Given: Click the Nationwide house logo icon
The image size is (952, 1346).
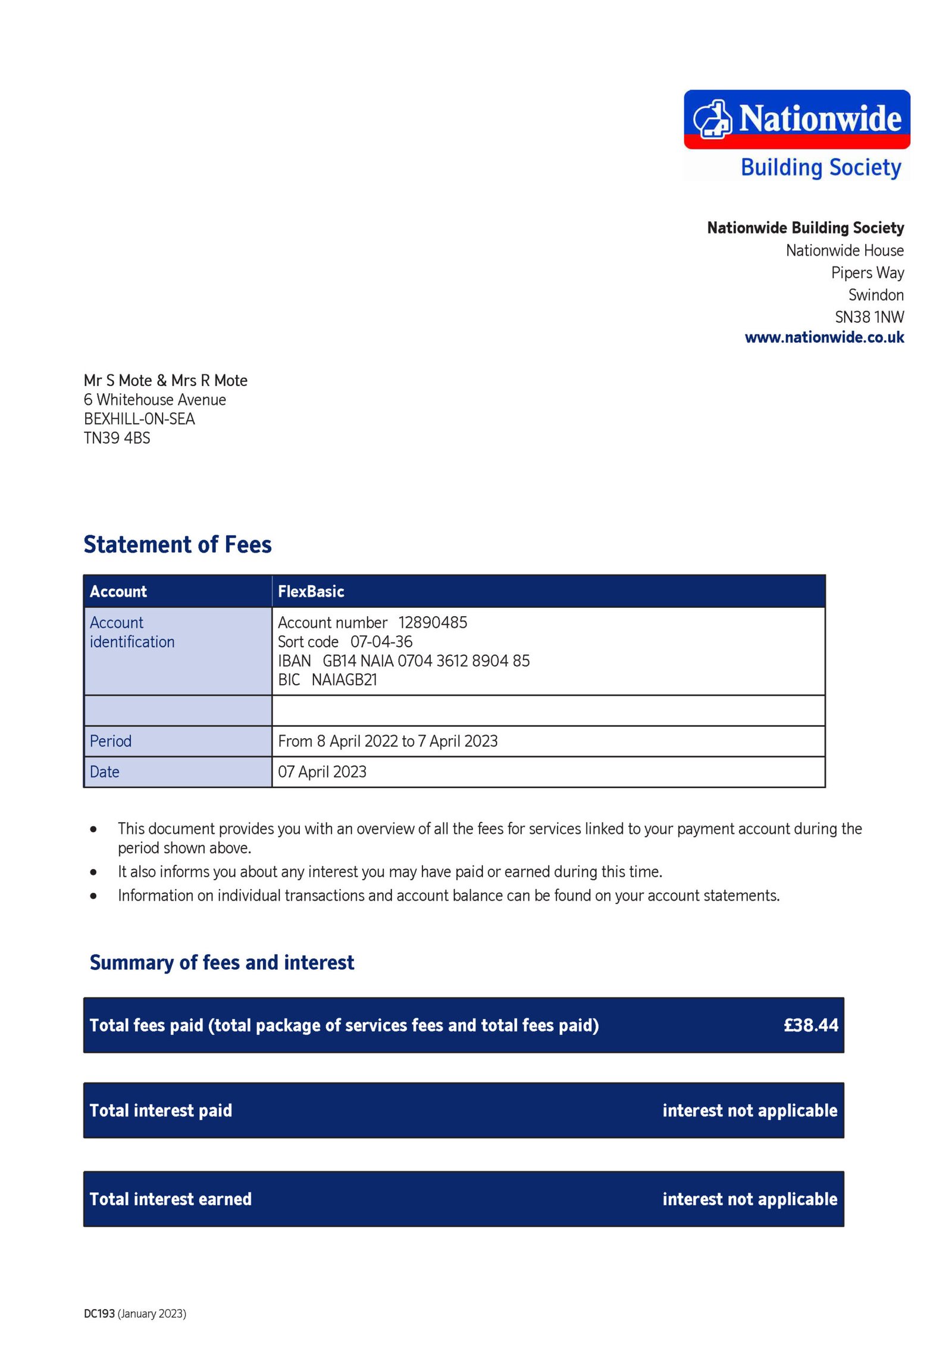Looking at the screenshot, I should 712,118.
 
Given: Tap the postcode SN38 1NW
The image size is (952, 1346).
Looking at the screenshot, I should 869,317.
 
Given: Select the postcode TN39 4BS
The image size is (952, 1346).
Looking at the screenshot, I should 117,438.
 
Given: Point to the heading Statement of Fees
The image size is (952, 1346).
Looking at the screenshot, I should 177,544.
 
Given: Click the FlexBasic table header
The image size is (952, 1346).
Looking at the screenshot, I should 311,591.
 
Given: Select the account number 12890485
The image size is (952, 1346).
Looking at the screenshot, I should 433,622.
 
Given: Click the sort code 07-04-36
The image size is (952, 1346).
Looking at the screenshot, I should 381,641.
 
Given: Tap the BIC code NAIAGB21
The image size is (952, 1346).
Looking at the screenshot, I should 344,679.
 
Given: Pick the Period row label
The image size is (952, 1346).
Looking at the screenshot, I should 111,741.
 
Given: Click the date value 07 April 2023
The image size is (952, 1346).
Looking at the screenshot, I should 322,771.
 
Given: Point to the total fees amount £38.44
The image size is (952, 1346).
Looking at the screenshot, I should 810,1025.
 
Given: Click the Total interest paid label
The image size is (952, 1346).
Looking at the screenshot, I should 161,1110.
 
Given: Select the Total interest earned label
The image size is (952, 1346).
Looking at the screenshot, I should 170,1198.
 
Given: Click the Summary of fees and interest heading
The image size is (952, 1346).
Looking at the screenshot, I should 221,962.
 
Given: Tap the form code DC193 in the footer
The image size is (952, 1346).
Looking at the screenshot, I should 99,1313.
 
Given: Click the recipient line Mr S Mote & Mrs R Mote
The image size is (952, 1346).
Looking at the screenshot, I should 165,380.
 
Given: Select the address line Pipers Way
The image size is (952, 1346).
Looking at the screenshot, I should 867,272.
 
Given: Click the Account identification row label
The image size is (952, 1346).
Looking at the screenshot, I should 131,632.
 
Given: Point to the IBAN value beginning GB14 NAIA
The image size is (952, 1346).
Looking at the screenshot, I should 425,660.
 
